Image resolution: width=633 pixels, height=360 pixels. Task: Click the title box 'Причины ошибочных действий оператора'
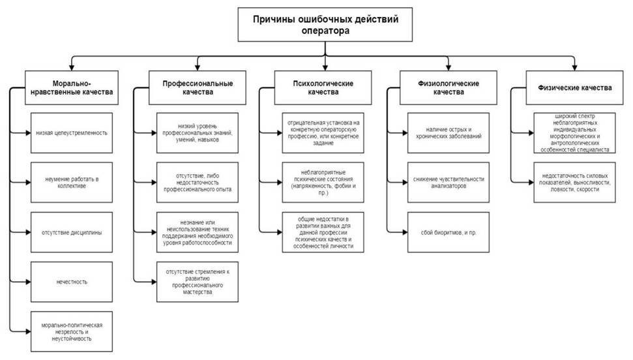[x=325, y=25]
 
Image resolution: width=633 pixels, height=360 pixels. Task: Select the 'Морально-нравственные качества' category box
[x=72, y=87]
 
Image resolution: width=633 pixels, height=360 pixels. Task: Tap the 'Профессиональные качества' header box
[x=198, y=87]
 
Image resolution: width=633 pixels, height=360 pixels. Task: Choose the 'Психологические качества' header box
[x=323, y=87]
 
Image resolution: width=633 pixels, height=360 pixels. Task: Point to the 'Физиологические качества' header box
[x=448, y=87]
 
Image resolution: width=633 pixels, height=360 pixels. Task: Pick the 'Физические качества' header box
[x=574, y=87]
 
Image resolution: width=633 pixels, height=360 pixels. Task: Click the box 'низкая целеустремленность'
[x=72, y=133]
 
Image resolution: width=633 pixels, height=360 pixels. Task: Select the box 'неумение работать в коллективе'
[x=72, y=182]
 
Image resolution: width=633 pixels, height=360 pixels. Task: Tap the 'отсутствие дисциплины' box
[x=72, y=232]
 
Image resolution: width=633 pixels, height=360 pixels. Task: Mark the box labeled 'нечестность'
[x=72, y=282]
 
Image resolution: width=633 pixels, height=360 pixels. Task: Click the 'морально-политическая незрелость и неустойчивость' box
[x=72, y=331]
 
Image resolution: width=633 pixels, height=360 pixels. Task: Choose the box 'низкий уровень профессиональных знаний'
[x=198, y=133]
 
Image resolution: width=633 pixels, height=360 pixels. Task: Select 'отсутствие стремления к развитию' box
[x=198, y=282]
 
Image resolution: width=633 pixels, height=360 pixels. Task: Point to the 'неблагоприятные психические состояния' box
[x=323, y=182]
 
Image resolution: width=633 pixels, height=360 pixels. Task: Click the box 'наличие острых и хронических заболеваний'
[x=448, y=133]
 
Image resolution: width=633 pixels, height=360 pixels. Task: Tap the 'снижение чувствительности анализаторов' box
[x=448, y=182]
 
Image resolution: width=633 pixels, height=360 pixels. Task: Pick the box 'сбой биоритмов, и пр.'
[x=448, y=232]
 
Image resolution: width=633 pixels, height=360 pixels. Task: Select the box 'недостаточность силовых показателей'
[x=574, y=182]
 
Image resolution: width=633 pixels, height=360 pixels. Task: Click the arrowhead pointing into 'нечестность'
[x=28, y=282]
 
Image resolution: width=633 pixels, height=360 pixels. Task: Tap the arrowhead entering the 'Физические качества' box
[x=574, y=68]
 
